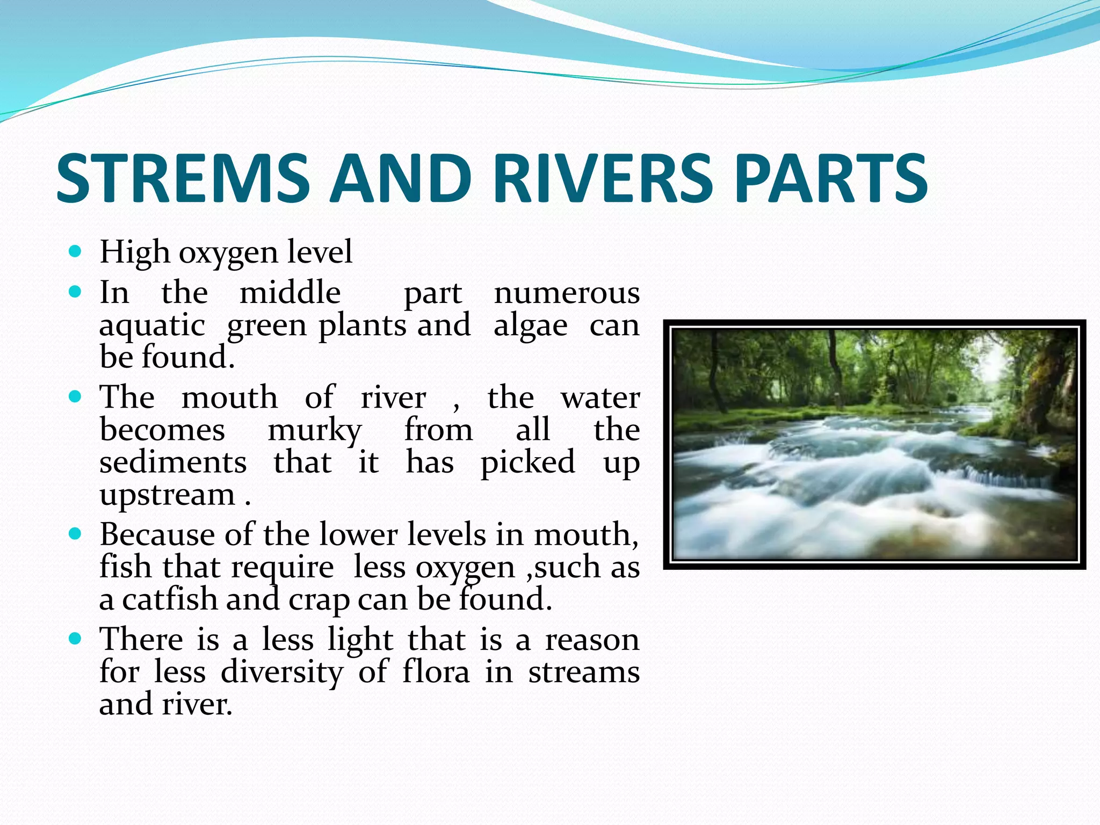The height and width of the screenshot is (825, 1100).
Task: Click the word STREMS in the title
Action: [x=183, y=178]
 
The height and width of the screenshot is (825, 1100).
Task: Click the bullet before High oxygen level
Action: [x=75, y=251]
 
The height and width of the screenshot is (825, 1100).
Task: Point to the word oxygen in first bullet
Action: [x=228, y=252]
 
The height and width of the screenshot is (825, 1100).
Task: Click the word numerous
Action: [x=567, y=294]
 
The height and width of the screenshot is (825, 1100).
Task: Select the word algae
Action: [x=530, y=326]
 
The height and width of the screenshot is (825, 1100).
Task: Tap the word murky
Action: [x=315, y=431]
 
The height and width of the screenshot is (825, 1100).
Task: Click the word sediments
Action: [x=173, y=462]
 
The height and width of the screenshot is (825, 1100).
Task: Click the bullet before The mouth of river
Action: [x=75, y=397]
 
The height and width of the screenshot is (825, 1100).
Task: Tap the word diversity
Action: [x=281, y=672]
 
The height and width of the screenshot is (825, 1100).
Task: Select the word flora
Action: [x=436, y=671]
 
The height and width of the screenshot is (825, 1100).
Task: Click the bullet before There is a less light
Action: [x=75, y=639]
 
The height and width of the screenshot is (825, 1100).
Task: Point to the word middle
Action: [x=290, y=293]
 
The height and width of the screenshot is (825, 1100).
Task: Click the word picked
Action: [x=527, y=462]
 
